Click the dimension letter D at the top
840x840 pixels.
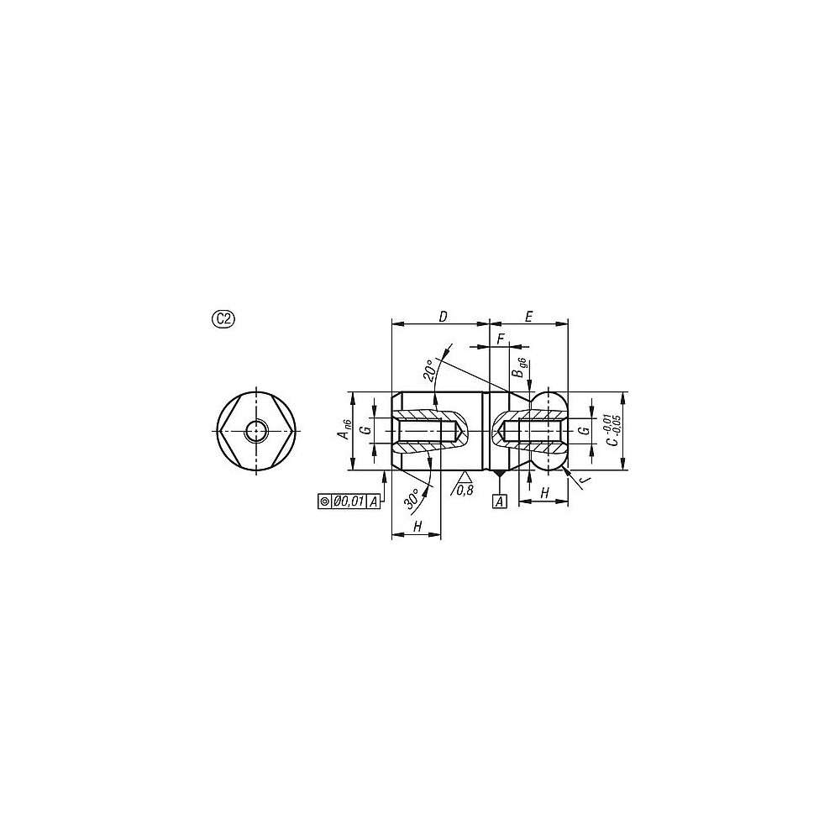[442, 316]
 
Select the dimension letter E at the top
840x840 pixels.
[528, 316]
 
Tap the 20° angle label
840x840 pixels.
[431, 370]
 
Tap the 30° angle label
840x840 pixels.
[413, 498]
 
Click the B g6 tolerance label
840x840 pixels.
[520, 370]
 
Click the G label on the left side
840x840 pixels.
[365, 431]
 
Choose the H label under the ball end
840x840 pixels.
[544, 494]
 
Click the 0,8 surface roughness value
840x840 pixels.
[465, 490]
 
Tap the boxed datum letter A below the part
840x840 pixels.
[500, 501]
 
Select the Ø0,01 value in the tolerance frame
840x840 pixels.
[349, 501]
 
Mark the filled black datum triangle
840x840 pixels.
[500, 475]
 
